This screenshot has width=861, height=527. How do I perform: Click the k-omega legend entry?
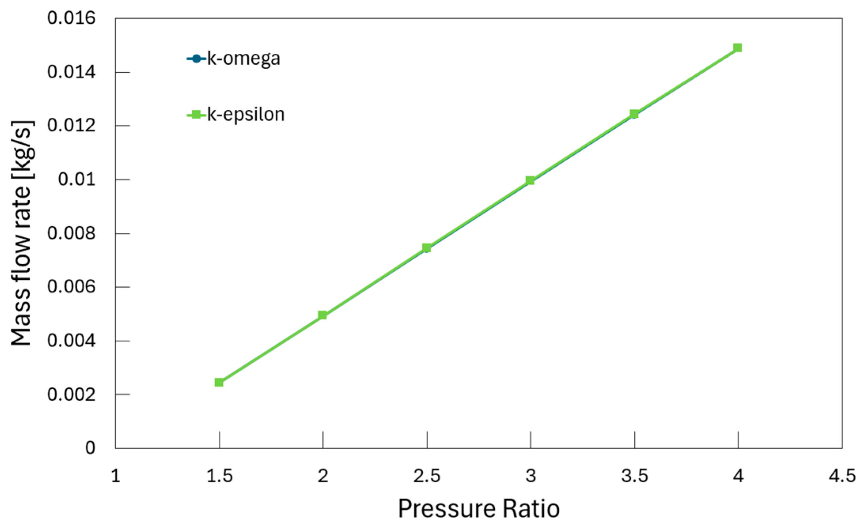tap(233, 59)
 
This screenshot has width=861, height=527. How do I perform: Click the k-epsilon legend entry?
tap(236, 115)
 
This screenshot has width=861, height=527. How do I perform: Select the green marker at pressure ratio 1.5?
tap(219, 382)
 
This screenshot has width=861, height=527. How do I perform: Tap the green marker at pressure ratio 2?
tap(323, 315)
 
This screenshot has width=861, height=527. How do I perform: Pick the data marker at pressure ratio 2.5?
tap(426, 248)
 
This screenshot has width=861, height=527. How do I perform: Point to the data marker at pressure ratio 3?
tap(530, 181)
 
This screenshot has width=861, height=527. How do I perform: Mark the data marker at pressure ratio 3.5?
tap(634, 114)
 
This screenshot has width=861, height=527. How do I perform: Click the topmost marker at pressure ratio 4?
tap(738, 48)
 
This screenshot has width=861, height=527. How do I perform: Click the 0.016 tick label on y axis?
tap(71, 18)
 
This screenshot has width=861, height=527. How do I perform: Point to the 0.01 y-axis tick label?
tap(77, 179)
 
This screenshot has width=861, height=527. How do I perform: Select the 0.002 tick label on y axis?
tap(71, 394)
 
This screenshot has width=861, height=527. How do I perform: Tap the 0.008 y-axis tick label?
tap(71, 233)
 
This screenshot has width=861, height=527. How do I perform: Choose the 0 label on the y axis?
tap(90, 448)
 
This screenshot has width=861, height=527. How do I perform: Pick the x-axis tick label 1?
tap(115, 476)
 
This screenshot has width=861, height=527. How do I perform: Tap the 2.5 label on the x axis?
tap(427, 476)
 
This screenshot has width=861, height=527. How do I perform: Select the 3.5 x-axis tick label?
tap(634, 476)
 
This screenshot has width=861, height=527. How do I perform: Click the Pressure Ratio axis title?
tap(479, 509)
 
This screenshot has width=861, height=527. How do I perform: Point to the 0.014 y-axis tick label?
tap(71, 72)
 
